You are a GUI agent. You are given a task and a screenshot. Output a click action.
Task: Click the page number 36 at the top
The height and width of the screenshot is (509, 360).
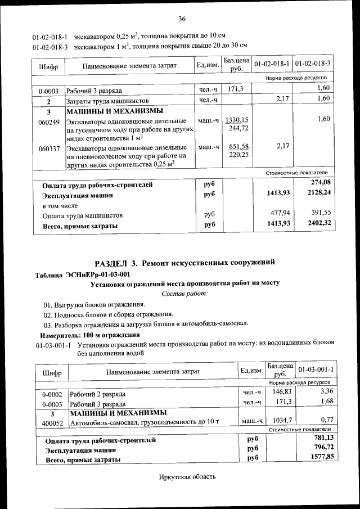182,20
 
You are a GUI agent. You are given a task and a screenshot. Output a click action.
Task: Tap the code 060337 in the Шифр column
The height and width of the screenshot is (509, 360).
48,148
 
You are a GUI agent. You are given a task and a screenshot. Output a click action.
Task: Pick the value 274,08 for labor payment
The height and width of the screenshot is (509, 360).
321,182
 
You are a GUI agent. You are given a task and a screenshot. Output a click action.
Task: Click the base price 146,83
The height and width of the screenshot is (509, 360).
280,391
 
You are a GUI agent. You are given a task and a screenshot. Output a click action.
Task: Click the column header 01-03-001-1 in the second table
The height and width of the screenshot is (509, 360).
316,369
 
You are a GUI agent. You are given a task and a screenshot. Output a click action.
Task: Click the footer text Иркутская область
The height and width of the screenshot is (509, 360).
187,477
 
